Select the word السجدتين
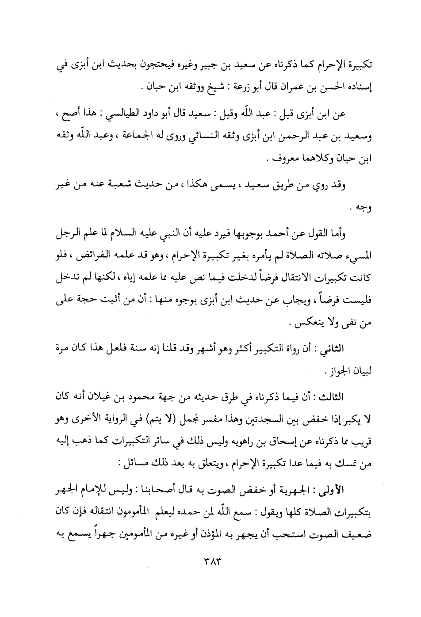point(265,417)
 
